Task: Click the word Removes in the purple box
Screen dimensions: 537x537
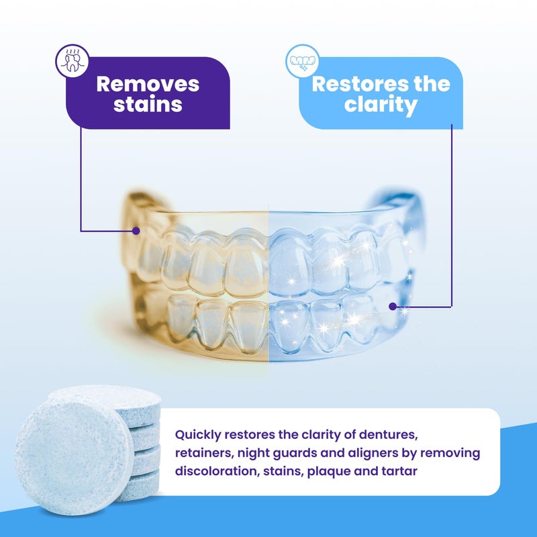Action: pos(148,84)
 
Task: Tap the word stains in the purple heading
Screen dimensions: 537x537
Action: pos(148,105)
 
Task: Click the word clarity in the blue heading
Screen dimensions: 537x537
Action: pos(381,105)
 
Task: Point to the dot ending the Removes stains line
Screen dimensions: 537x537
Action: pos(136,230)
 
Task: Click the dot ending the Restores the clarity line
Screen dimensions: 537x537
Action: pos(393,306)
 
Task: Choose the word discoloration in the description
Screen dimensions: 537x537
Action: pos(217,471)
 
